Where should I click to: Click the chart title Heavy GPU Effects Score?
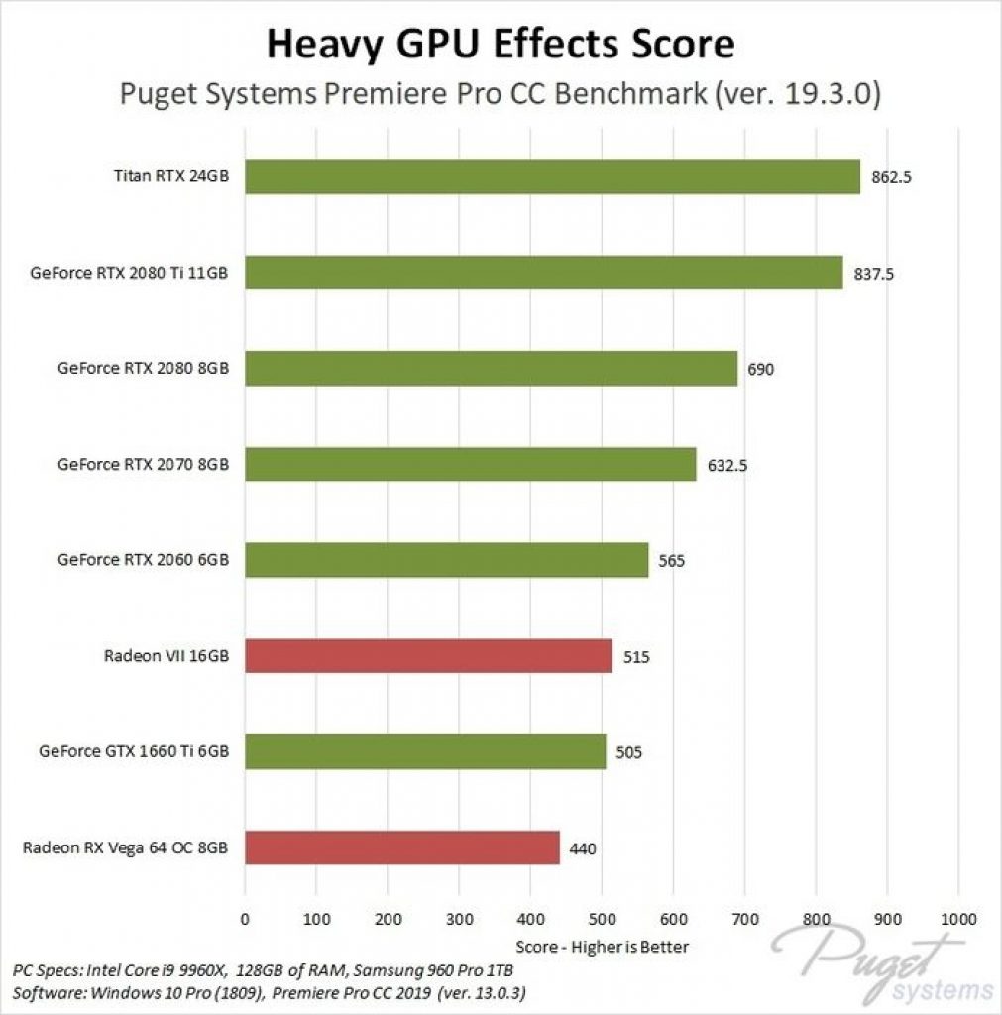(501, 44)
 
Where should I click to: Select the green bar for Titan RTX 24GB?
(552, 176)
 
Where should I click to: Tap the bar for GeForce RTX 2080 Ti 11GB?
(543, 273)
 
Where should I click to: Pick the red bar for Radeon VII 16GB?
(428, 656)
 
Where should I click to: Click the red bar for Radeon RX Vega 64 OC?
(401, 847)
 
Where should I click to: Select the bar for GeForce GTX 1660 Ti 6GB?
(425, 751)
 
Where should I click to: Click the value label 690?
(760, 370)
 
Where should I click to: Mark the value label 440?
(583, 848)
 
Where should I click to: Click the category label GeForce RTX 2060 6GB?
(144, 559)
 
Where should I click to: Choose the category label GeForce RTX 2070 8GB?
(144, 464)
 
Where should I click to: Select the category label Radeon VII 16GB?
(167, 655)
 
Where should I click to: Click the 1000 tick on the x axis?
(958, 918)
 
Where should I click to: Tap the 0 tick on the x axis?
(245, 918)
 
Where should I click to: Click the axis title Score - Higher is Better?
(602, 946)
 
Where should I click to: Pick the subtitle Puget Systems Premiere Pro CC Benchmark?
(501, 94)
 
